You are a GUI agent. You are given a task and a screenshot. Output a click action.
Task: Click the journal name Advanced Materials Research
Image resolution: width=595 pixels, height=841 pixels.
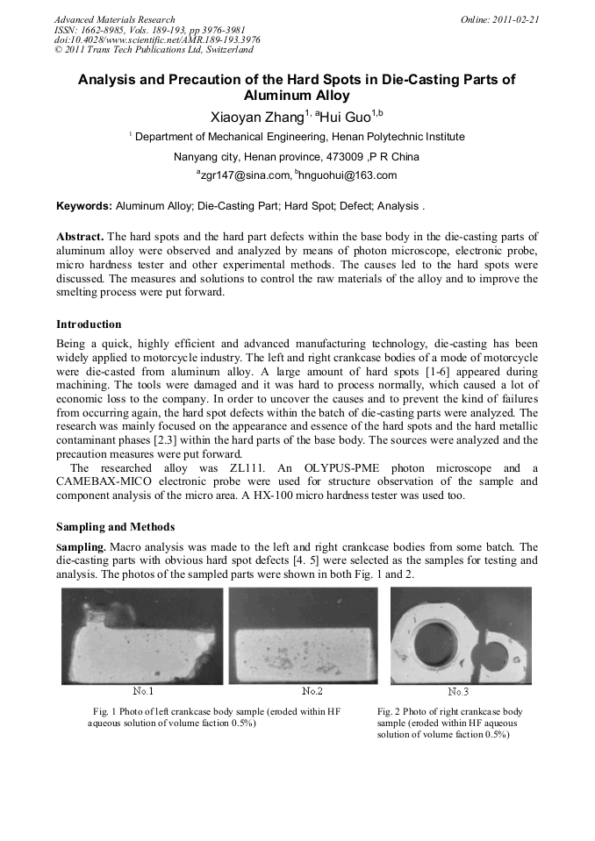pos(114,19)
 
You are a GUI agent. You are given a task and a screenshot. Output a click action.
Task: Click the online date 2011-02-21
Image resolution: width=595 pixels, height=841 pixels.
pos(517,19)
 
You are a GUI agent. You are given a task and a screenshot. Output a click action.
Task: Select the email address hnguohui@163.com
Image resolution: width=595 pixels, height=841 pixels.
pos(348,175)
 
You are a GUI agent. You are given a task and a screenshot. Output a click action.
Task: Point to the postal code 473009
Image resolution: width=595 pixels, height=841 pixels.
pos(341,157)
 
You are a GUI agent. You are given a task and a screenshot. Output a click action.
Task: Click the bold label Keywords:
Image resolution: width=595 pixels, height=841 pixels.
pos(84,207)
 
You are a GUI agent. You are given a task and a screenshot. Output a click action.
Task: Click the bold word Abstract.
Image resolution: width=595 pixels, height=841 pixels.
pos(80,238)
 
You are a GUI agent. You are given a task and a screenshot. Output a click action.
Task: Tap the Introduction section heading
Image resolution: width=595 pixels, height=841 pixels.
pos(89,325)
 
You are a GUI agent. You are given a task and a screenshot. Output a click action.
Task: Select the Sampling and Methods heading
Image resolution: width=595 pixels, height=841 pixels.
pos(115,527)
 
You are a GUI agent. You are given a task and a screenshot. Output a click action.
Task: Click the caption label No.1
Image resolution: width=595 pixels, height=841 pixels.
pos(142,691)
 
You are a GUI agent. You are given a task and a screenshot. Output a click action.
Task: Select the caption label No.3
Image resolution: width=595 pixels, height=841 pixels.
pos(458,692)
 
